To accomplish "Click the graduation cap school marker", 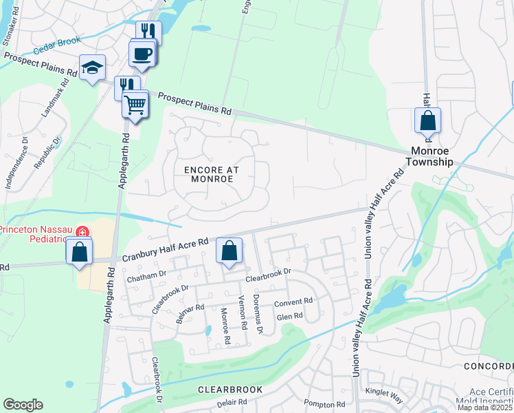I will [x=92, y=68].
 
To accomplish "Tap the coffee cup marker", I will [x=142, y=53].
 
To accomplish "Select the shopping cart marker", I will [x=135, y=105].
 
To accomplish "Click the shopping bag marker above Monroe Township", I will [x=427, y=120].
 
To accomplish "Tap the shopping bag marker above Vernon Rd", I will [x=230, y=251].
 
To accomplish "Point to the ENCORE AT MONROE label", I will [x=208, y=173].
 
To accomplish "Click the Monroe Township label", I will [x=432, y=156].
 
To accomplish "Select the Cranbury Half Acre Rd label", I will [x=165, y=249].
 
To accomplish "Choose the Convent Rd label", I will [x=293, y=301].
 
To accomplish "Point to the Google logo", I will [x=23, y=404].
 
